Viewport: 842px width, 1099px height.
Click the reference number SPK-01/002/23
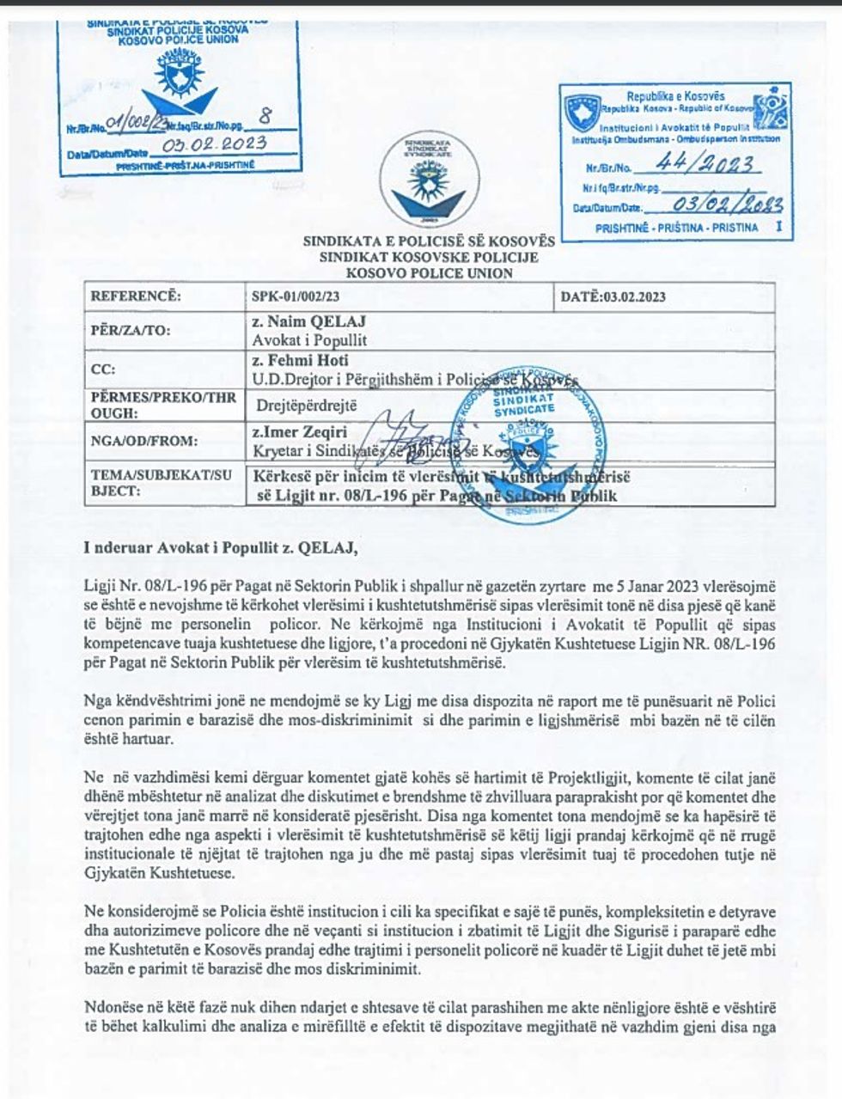[x=295, y=297]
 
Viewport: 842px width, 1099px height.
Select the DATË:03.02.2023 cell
[x=613, y=297]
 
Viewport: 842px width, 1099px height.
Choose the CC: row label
[x=102, y=369]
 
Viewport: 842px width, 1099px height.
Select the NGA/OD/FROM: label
[x=144, y=441]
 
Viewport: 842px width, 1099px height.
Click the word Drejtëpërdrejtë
[x=306, y=406]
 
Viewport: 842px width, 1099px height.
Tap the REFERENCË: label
[x=136, y=297]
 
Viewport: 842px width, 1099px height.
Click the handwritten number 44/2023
[x=705, y=164]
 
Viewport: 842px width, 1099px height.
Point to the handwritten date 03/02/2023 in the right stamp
[x=727, y=204]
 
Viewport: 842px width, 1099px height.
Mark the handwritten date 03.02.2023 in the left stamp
[x=220, y=144]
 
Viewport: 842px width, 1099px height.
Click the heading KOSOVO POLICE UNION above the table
[x=429, y=273]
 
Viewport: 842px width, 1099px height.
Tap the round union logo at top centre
[x=429, y=179]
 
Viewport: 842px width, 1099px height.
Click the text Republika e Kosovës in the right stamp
[x=674, y=96]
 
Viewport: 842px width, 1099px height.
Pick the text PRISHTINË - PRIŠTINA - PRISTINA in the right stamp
[x=676, y=228]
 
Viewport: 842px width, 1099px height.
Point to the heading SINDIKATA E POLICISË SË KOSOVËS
[x=429, y=241]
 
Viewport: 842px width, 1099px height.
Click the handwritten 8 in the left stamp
[x=264, y=116]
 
